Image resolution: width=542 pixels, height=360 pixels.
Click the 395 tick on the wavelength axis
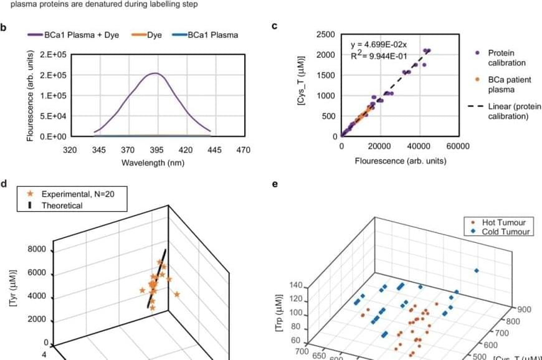click(x=156, y=150)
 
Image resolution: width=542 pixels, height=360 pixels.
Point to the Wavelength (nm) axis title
click(x=156, y=163)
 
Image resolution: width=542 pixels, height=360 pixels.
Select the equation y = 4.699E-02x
click(x=378, y=44)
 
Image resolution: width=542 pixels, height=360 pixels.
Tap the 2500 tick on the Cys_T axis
click(x=326, y=34)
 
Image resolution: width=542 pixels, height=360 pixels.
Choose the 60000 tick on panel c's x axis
click(x=458, y=146)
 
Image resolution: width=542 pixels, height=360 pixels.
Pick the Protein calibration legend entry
click(x=506, y=58)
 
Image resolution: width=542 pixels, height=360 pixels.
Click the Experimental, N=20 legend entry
click(x=74, y=194)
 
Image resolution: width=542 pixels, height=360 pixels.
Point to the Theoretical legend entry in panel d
click(x=62, y=206)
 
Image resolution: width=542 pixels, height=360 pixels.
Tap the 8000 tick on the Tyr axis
click(x=38, y=250)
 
